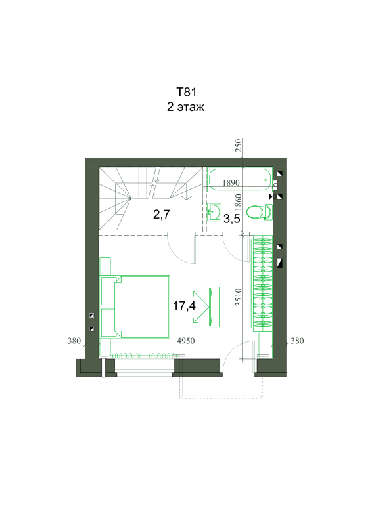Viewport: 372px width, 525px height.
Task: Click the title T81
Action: tap(186, 92)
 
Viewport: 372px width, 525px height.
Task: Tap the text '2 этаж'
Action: tap(186, 107)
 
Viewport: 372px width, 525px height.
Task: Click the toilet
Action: tap(260, 212)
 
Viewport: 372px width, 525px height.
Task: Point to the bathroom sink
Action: tap(214, 212)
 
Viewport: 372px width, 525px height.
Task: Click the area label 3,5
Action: tap(232, 219)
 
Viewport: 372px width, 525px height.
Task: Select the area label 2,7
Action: tap(162, 214)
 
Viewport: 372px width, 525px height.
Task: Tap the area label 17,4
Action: tap(184, 306)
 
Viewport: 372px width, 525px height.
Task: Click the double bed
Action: tap(135, 306)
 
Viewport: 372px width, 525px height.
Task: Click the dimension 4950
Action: tap(186, 341)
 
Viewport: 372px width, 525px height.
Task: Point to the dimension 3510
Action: tap(238, 297)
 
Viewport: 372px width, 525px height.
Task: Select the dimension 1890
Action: tap(231, 183)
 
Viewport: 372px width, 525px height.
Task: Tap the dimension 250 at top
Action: tap(238, 145)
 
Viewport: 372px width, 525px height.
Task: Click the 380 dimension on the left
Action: tap(74, 341)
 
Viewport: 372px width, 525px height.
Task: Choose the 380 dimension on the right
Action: tap(297, 341)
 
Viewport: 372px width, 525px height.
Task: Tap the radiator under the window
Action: tap(145, 355)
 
